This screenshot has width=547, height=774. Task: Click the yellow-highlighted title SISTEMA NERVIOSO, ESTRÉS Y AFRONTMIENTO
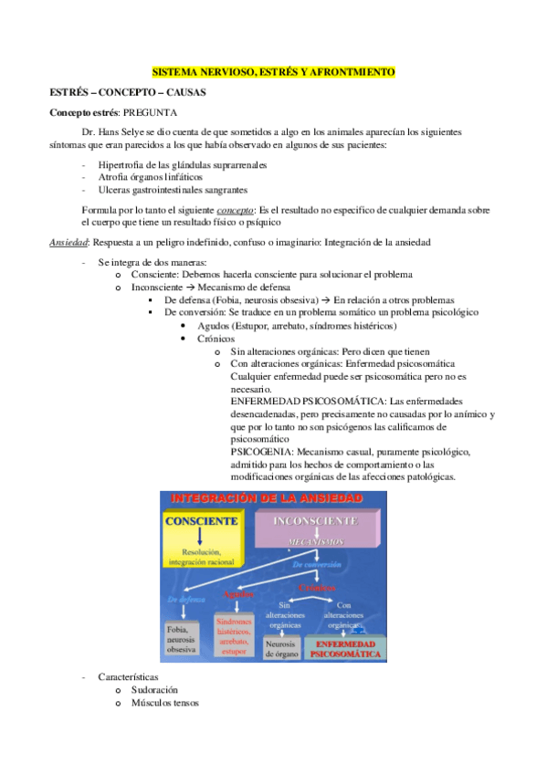tap(274, 71)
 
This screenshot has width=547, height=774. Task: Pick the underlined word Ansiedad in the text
tap(68, 241)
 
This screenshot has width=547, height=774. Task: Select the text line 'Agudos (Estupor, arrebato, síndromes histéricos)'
tap(296, 326)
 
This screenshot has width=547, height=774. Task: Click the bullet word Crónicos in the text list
tap(216, 339)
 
